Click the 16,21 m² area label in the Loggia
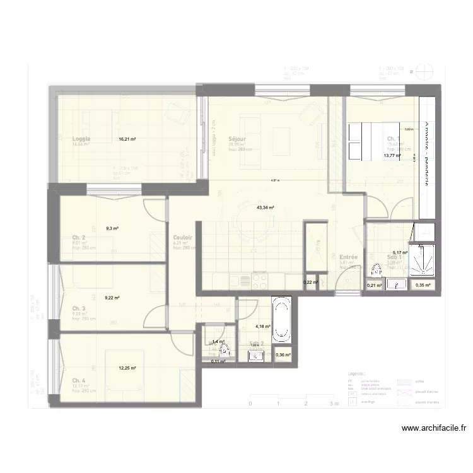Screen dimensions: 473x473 click(x=127, y=139)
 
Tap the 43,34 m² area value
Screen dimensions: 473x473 click(x=265, y=207)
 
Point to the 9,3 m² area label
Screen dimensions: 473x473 click(x=113, y=228)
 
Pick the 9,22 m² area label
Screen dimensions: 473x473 click(x=112, y=298)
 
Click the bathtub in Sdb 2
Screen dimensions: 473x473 click(x=282, y=320)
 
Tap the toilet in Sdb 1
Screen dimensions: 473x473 click(x=377, y=271)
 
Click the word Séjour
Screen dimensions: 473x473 click(x=237, y=139)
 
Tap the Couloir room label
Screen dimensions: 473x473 click(x=183, y=238)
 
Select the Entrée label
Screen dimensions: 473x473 click(x=349, y=257)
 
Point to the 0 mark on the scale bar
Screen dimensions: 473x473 click(x=250, y=404)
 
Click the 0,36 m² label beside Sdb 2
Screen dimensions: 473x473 click(x=283, y=355)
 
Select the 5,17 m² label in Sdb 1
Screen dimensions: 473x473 click(x=400, y=252)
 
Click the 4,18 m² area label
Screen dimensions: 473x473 click(x=262, y=326)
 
